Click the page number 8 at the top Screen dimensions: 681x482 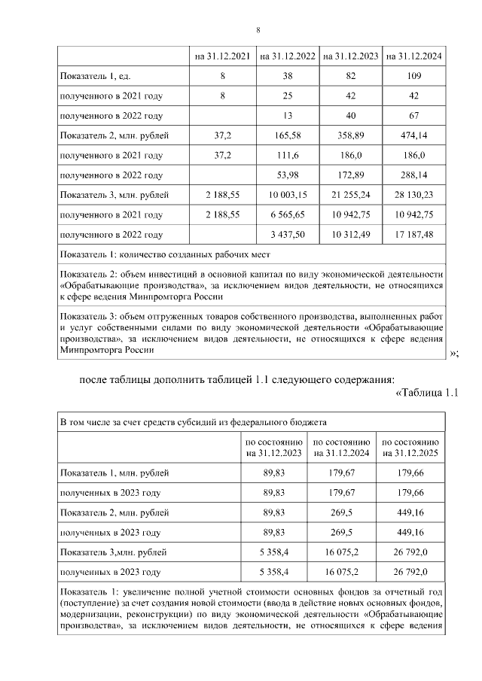coord(258,30)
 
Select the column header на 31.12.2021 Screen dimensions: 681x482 coord(222,56)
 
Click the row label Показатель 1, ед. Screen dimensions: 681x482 coord(95,77)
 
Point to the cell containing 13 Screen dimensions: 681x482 coord(287,116)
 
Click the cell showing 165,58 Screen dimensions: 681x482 coord(287,135)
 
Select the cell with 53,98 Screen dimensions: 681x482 coord(287,175)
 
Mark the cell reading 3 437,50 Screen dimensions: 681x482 coord(287,234)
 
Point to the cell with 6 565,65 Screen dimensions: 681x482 coord(287,214)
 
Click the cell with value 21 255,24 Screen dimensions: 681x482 coord(350,195)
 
